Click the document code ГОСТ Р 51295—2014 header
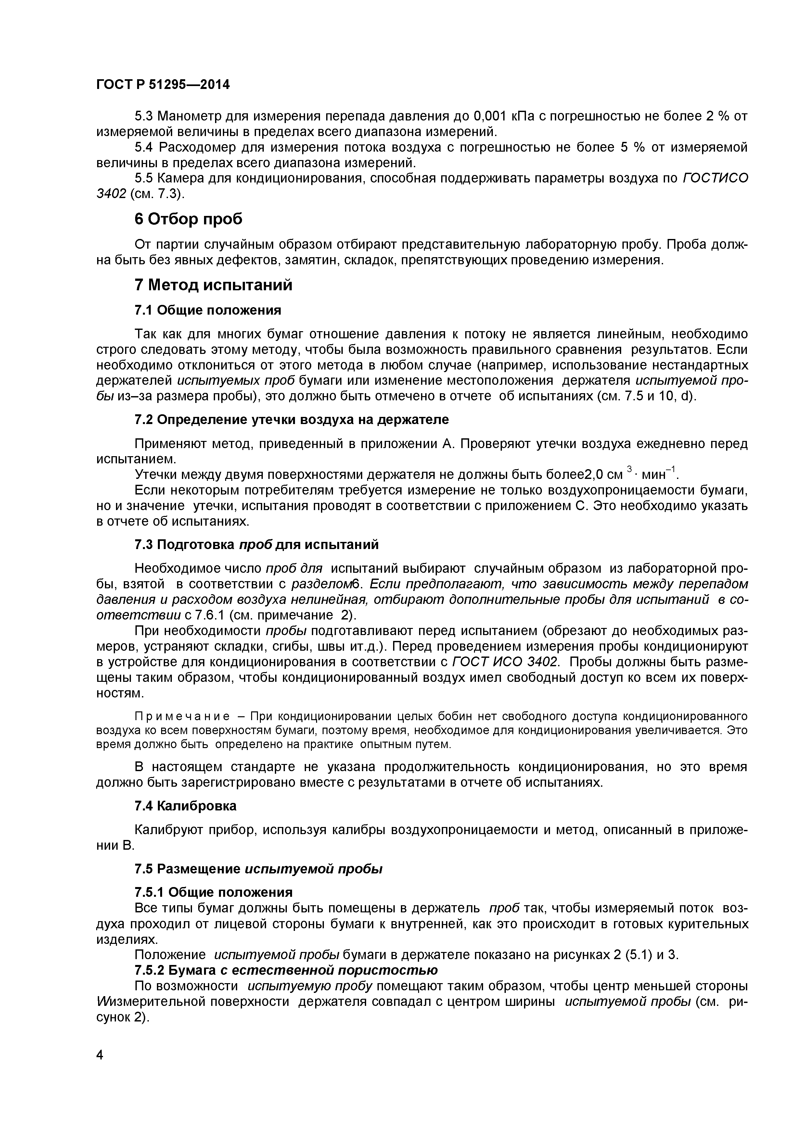163,85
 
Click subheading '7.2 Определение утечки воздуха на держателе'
291,420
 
